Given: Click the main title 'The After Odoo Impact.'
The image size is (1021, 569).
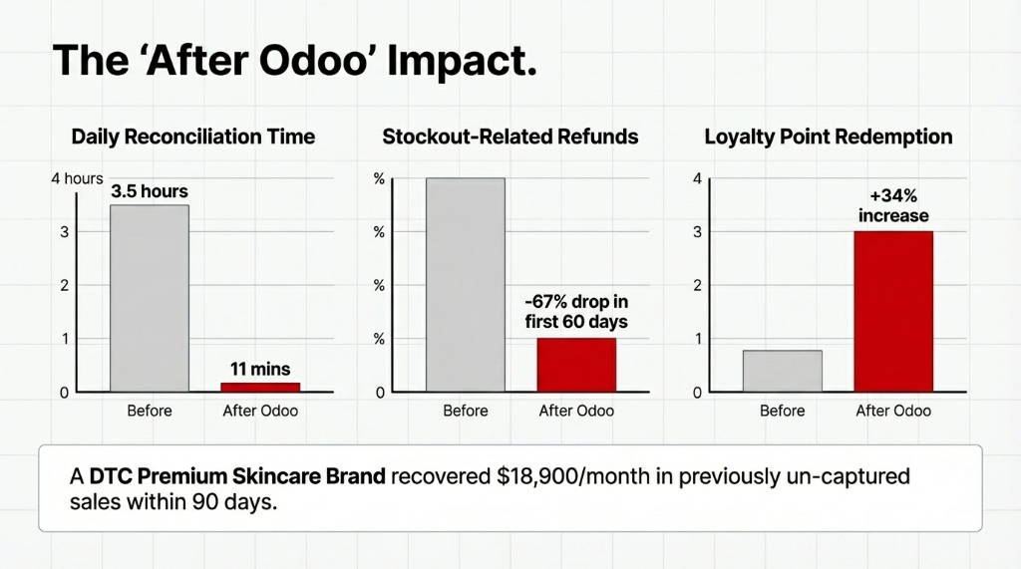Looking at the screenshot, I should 294,61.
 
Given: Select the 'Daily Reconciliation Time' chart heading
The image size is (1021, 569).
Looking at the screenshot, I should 193,137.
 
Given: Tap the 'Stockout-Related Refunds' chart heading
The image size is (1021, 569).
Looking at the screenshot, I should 510,137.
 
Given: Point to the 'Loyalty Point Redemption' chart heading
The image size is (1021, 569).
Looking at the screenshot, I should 828,137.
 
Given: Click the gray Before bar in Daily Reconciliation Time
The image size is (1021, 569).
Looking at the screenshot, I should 150,298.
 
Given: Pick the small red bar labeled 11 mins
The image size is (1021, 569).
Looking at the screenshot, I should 260,387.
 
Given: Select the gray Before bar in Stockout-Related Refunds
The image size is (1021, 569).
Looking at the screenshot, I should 466,284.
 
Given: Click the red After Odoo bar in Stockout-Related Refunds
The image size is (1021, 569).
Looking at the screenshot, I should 576,365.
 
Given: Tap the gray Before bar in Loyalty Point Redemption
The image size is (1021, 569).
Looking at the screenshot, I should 783,371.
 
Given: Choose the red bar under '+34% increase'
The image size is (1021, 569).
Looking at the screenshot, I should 893,311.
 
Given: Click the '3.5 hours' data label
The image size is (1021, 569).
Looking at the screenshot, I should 150,191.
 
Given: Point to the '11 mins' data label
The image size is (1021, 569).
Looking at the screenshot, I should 260,370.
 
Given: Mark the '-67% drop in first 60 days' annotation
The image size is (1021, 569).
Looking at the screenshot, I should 576,311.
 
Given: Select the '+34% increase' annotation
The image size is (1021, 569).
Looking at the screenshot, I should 893,206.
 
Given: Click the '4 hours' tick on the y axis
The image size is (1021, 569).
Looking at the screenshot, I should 77,178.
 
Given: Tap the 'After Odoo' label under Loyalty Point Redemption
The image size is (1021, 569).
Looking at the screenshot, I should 893,411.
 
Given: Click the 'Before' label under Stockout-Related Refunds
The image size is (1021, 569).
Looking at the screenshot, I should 466,411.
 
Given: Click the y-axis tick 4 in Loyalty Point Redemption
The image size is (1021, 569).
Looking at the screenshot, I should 697,178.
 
